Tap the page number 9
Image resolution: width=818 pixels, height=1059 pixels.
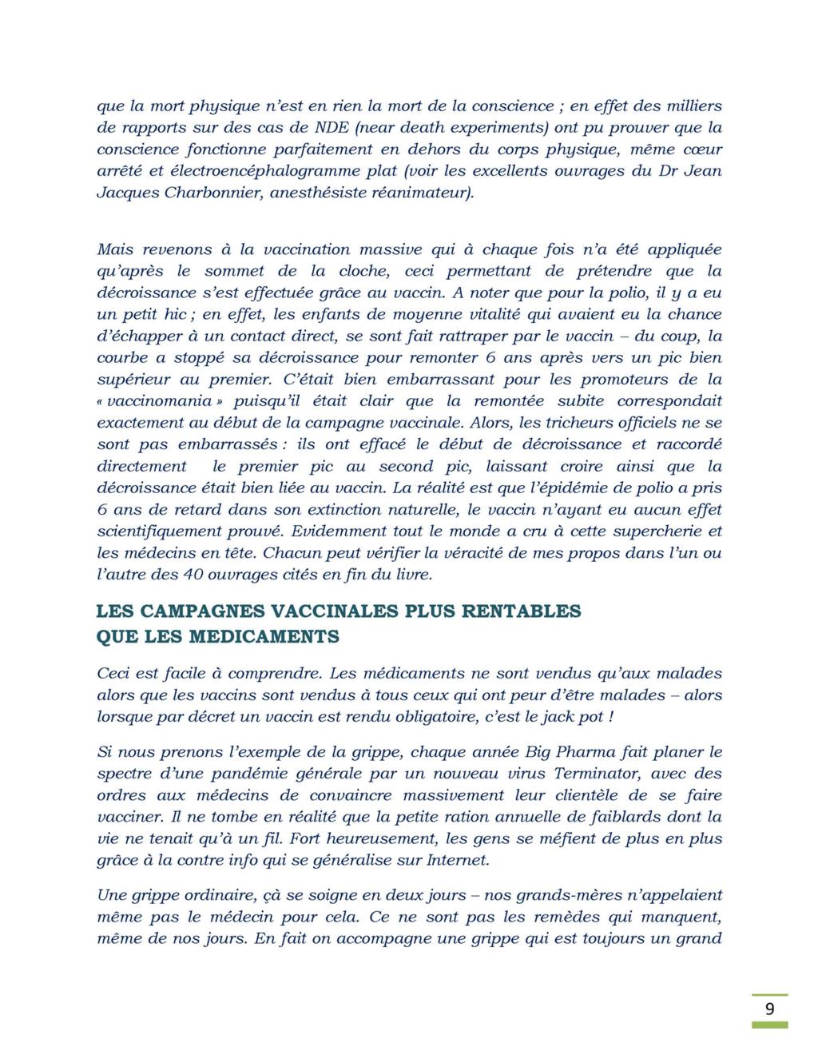tap(769, 1009)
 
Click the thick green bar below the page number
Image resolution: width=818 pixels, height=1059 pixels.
tap(769, 1025)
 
